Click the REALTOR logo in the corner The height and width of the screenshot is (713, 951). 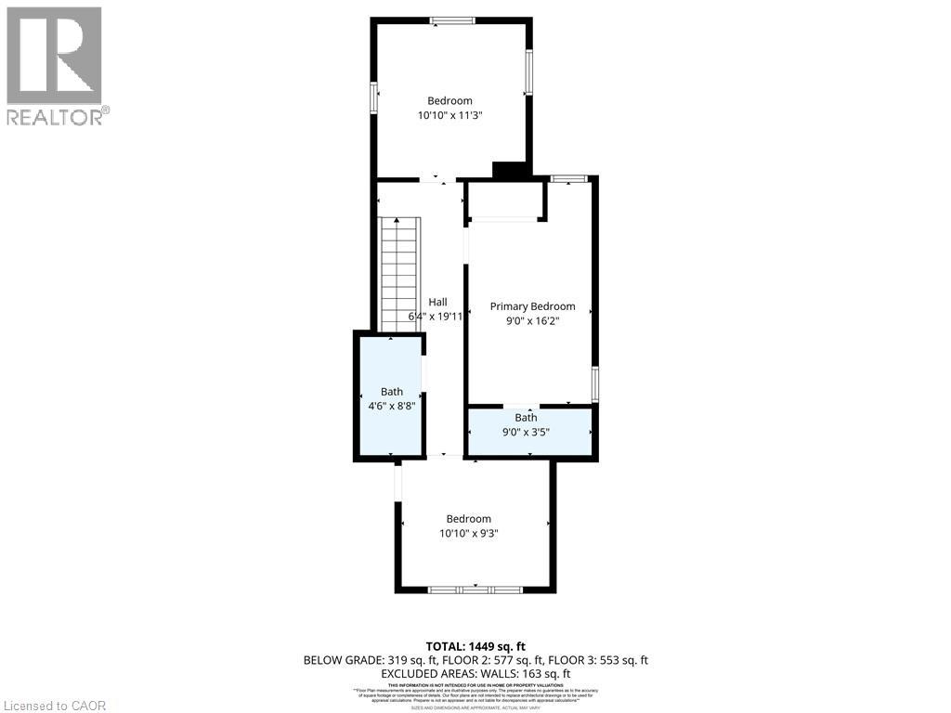(x=56, y=65)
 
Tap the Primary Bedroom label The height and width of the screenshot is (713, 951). (x=532, y=306)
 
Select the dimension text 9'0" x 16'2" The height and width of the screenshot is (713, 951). (x=532, y=321)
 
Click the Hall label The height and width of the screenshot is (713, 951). (x=437, y=302)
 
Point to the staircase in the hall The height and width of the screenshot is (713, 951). (x=400, y=274)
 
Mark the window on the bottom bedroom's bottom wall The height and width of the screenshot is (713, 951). (x=475, y=590)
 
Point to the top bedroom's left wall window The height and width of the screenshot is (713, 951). (x=374, y=97)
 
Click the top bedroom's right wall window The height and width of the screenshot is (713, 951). (x=528, y=72)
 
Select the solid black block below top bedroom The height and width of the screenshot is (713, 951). (x=508, y=171)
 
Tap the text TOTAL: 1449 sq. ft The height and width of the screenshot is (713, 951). (x=475, y=646)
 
